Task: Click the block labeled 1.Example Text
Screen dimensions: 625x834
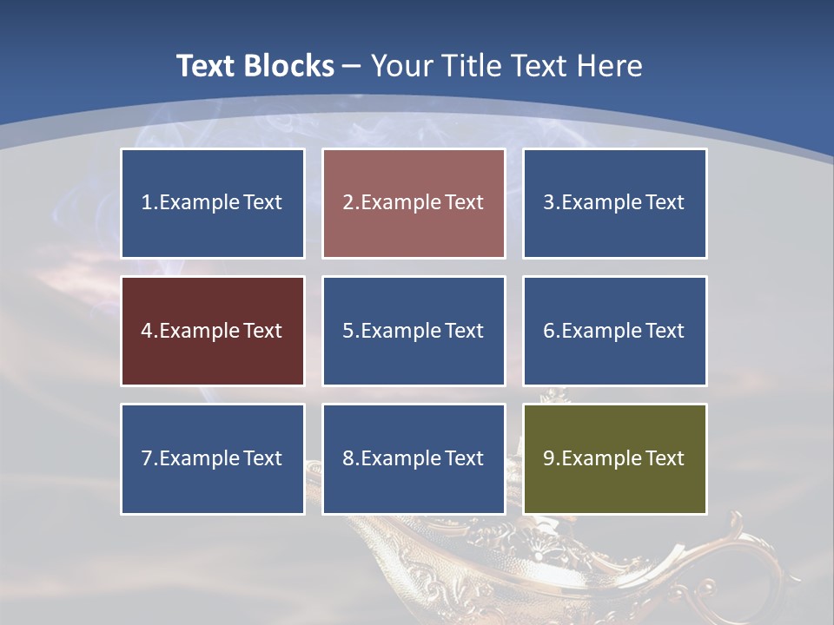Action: [213, 203]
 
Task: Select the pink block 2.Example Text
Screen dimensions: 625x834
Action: [414, 203]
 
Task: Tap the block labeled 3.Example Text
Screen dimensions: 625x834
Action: [614, 203]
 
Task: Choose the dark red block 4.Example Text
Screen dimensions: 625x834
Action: [213, 331]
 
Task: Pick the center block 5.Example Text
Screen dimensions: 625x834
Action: [414, 331]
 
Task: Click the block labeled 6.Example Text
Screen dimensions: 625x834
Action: [614, 331]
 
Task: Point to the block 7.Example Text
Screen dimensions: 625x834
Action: [213, 458]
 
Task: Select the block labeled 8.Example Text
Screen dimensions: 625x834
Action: [414, 458]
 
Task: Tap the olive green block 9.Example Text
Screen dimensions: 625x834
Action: [614, 458]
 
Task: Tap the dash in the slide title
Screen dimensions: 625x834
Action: [352, 66]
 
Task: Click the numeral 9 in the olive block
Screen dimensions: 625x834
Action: [549, 458]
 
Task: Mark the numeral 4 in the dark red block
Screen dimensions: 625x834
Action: [147, 331]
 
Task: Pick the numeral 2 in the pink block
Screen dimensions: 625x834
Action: [347, 203]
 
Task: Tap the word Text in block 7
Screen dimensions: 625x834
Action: [263, 458]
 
